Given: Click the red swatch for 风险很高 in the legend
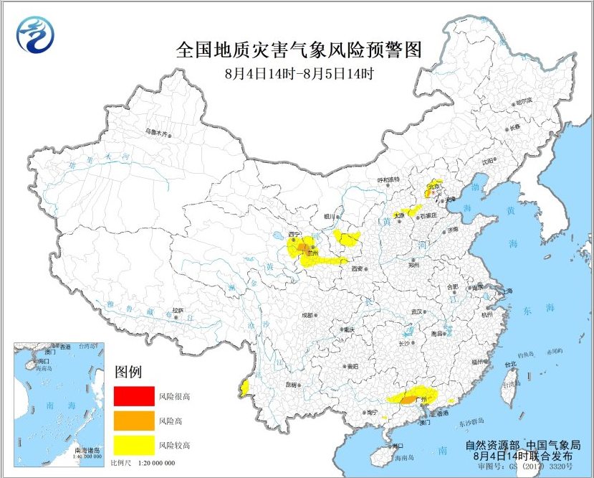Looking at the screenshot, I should tap(134, 395).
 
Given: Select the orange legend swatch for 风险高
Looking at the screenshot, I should tap(134, 420).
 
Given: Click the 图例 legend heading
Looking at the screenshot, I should tap(128, 372).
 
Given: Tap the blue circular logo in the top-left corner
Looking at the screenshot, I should tap(36, 34).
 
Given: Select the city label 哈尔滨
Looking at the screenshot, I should tap(524, 103).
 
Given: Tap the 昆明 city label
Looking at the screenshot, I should tap(290, 385).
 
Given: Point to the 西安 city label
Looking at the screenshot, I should tap(356, 268).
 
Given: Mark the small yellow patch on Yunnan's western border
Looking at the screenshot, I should tap(245, 388).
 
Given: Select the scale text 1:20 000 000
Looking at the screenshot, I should tap(153, 463).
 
